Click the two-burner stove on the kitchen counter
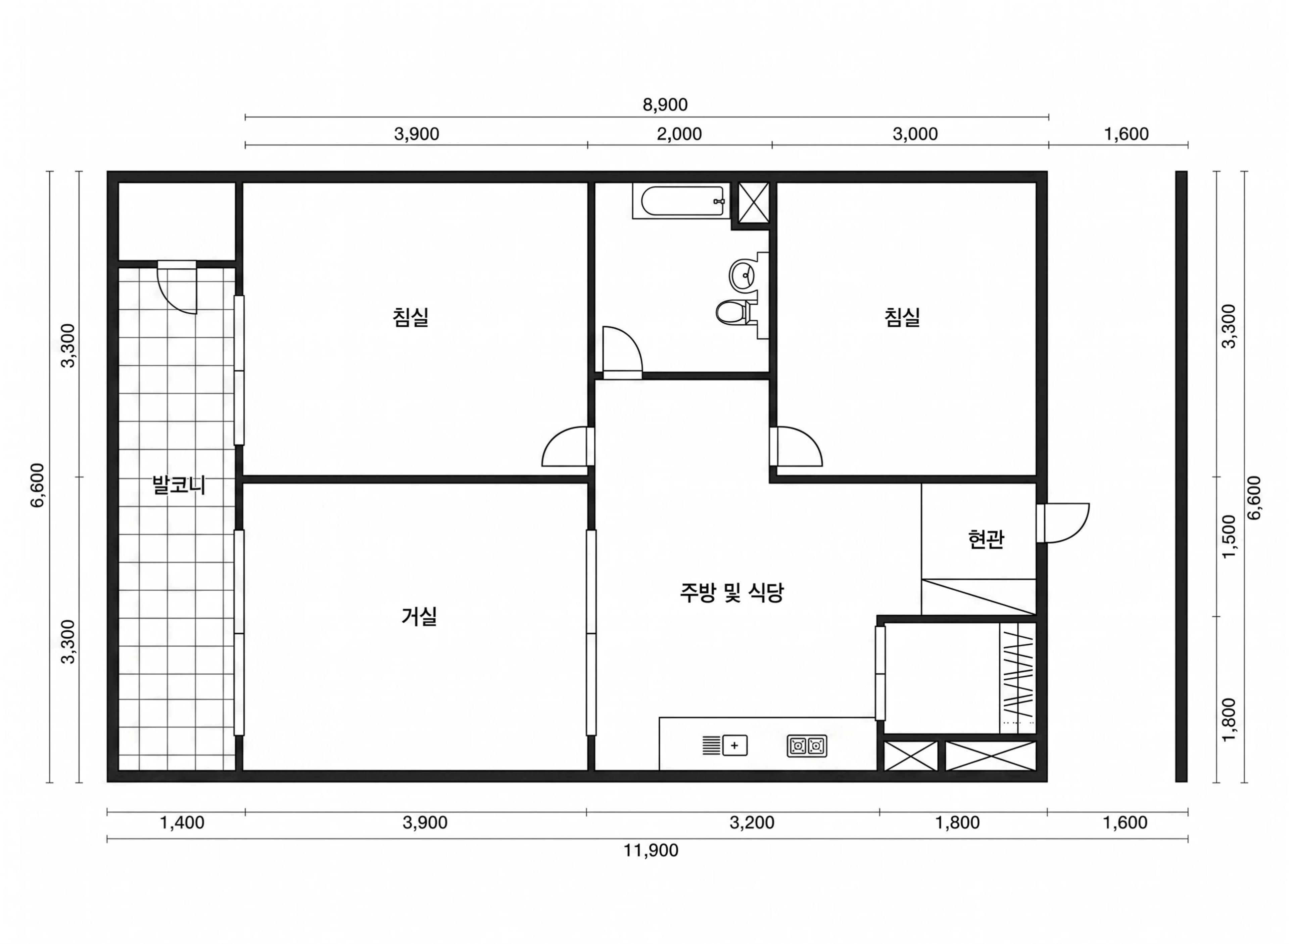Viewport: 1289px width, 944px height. (806, 746)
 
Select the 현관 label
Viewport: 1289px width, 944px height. (986, 539)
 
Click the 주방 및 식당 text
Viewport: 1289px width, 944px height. (731, 593)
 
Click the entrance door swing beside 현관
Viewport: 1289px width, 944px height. (1063, 522)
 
